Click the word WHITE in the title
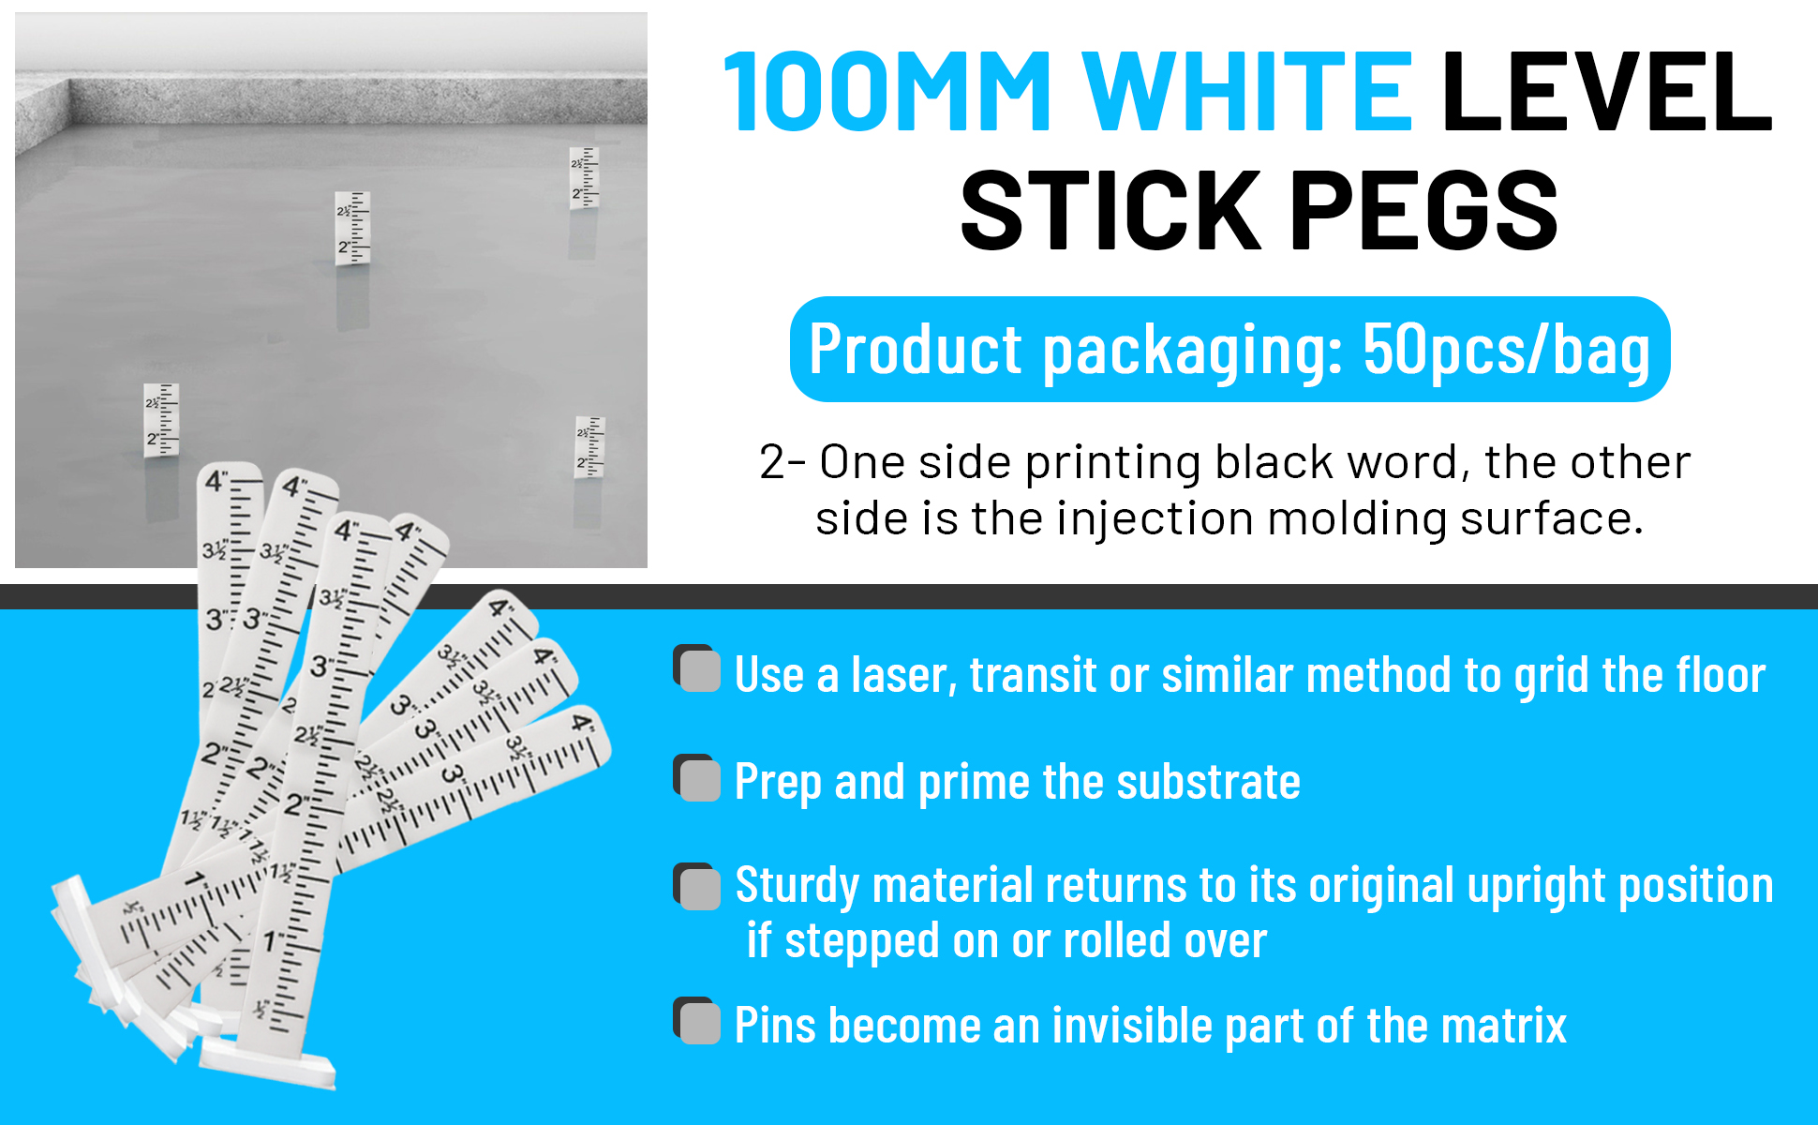[1247, 92]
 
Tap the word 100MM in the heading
[887, 92]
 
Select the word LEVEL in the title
[1606, 92]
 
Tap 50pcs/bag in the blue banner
[1506, 350]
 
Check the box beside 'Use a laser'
[698, 669]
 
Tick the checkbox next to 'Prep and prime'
[698, 778]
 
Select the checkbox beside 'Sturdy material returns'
[698, 886]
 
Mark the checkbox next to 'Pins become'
[698, 1021]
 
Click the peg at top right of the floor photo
[584, 177]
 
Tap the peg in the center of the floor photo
[352, 228]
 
